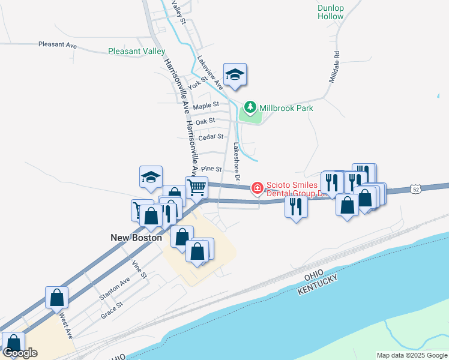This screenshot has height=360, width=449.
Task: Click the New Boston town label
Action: pos(136,238)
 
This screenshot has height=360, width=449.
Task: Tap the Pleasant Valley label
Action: pos(137,51)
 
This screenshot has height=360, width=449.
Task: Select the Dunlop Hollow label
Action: pos(331,12)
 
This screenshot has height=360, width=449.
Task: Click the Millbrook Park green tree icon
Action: pos(249,108)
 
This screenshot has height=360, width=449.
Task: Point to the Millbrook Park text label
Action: pos(287,108)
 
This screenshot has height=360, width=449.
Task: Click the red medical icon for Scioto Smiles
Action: pos(258,188)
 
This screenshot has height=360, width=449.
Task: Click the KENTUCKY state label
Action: pos(318,285)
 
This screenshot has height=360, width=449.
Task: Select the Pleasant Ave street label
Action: pos(58,44)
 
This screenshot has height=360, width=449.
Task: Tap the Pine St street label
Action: pos(211,170)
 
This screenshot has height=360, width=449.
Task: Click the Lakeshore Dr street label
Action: pos(237,161)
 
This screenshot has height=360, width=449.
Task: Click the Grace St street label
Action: pos(112,310)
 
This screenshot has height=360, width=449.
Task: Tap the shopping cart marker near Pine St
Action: pos(196,187)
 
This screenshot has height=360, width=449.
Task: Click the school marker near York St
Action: pos(235,74)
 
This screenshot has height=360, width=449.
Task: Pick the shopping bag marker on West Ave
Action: pos(56,297)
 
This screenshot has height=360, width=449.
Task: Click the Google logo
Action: pos(20,353)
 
